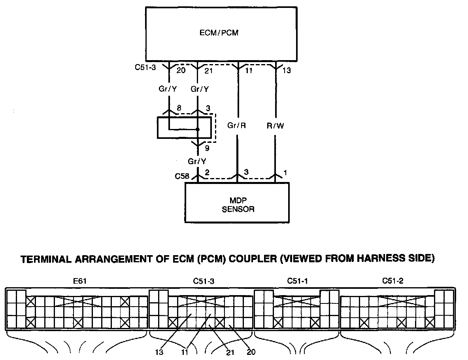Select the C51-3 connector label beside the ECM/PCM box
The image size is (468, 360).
point(145,68)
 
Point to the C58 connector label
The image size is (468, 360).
point(183,176)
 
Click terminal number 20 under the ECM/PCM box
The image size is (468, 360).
point(181,71)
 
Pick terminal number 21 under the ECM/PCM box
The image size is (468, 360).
point(209,71)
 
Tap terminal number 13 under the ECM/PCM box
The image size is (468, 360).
point(287,71)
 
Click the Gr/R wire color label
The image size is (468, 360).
point(237,126)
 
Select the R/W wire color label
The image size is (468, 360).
point(276,126)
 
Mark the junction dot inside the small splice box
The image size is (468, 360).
point(197,129)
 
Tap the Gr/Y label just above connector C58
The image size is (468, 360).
point(197,161)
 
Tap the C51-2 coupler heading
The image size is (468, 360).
point(393,281)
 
